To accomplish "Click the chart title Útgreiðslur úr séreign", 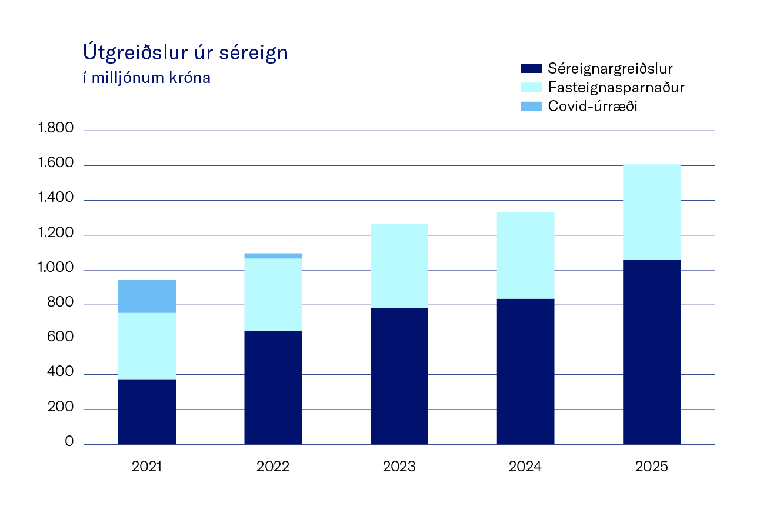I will click(185, 54).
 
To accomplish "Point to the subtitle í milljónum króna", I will click(146, 78).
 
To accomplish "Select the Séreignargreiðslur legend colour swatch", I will click(532, 68).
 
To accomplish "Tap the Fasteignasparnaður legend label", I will click(616, 88).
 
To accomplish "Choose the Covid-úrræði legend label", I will click(593, 107).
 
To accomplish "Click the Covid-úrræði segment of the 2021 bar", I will click(147, 296).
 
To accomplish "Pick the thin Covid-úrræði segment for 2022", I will click(273, 255).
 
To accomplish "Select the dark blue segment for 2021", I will click(147, 411).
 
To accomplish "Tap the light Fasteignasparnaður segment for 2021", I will click(147, 346).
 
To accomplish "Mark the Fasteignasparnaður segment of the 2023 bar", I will click(399, 266).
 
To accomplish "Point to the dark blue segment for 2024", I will click(525, 371).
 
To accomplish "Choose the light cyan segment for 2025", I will click(651, 212).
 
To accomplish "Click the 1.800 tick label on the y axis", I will click(55, 128).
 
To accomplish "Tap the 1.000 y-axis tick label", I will click(55, 268).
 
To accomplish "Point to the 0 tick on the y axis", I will click(69, 443).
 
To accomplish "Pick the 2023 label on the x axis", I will click(399, 467).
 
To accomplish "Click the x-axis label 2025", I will click(651, 467).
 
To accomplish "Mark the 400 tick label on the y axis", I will click(61, 372).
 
